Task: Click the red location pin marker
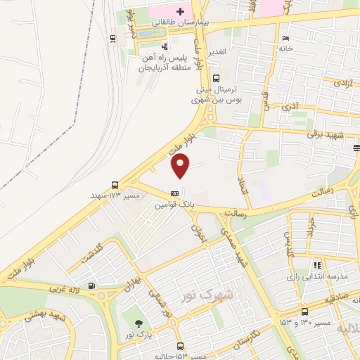(181, 165)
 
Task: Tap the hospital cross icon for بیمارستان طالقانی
(181, 12)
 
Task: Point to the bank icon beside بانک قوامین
(174, 193)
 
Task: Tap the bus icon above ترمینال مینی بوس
(217, 79)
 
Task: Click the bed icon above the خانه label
(285, 38)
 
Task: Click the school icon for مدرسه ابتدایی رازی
(318, 265)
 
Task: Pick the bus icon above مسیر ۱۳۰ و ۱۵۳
(304, 311)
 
